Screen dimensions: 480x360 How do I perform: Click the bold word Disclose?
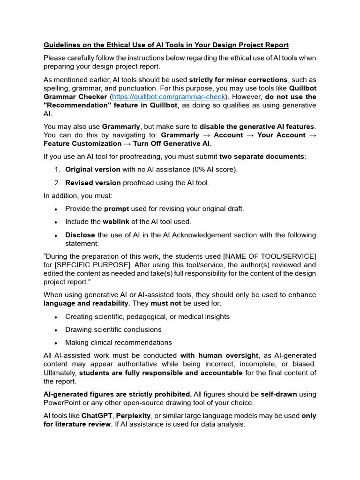coord(80,235)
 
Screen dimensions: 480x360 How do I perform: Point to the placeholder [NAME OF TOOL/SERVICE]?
coord(270,256)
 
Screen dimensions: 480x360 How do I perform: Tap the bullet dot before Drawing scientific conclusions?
coord(56,330)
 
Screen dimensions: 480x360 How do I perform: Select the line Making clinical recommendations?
coord(119,343)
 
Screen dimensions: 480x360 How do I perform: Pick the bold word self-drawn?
coord(280,394)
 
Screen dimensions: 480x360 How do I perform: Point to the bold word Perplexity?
coord(136,416)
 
